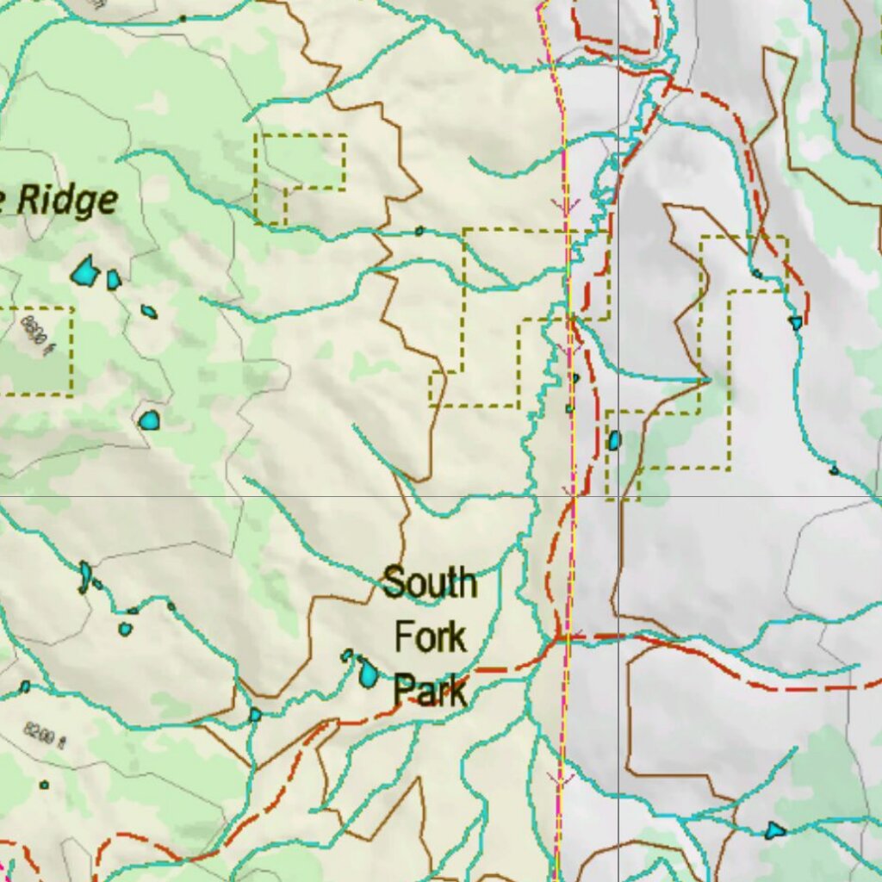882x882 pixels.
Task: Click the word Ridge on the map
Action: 67,201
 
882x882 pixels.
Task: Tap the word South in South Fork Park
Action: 429,583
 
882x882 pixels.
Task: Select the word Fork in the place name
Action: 430,637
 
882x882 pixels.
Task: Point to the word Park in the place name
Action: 431,691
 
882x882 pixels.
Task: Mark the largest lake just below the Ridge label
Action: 84,272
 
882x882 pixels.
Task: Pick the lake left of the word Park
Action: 367,672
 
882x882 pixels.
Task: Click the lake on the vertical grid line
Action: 614,441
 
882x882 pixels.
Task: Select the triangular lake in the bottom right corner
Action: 775,830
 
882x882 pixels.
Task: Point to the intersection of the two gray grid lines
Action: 618,496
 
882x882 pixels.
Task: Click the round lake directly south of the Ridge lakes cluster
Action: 149,420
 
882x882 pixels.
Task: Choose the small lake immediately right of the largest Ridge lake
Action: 114,280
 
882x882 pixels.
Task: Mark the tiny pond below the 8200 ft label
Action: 44,785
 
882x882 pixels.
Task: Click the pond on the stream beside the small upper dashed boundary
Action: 419,231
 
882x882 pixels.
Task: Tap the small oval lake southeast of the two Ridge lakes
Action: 149,312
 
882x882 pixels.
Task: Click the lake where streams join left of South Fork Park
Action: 255,715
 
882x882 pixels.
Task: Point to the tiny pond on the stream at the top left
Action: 183,18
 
